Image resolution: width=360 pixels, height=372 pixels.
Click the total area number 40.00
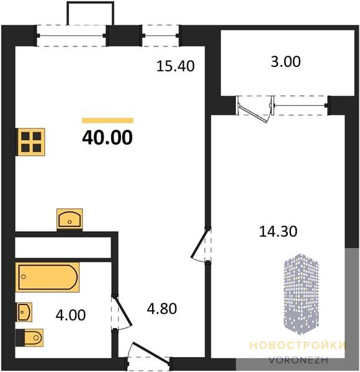point(107,138)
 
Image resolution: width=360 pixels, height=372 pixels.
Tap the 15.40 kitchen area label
point(176,66)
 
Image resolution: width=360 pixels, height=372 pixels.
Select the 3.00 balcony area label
point(286,61)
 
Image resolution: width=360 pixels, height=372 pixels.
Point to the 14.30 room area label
point(278,231)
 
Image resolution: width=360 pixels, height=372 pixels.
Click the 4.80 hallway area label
point(162,309)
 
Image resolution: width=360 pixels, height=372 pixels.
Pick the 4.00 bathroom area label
point(71,316)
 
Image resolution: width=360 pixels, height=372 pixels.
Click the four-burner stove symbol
point(30,142)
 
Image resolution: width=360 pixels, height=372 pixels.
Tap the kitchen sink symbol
point(70,219)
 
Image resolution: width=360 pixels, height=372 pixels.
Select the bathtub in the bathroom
point(47,277)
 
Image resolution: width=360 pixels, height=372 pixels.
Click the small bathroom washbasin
point(24,312)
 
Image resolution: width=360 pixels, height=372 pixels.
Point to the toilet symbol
point(29,338)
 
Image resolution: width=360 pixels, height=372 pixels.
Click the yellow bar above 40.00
point(107,120)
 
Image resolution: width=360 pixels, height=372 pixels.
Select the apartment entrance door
point(150,354)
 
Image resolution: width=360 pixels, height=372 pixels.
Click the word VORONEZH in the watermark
point(299,360)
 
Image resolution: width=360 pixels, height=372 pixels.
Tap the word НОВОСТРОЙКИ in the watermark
point(298,345)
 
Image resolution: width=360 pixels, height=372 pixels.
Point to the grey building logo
point(302,294)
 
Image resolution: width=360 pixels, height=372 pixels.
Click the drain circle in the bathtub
point(24,277)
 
